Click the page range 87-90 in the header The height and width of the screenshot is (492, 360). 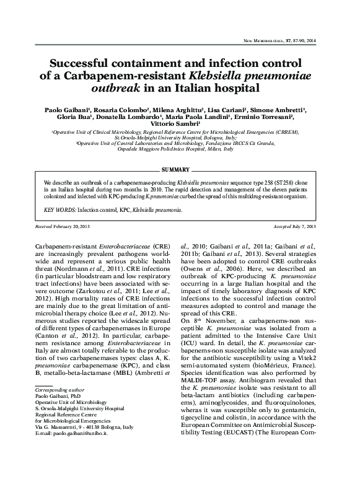coord(304,41)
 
